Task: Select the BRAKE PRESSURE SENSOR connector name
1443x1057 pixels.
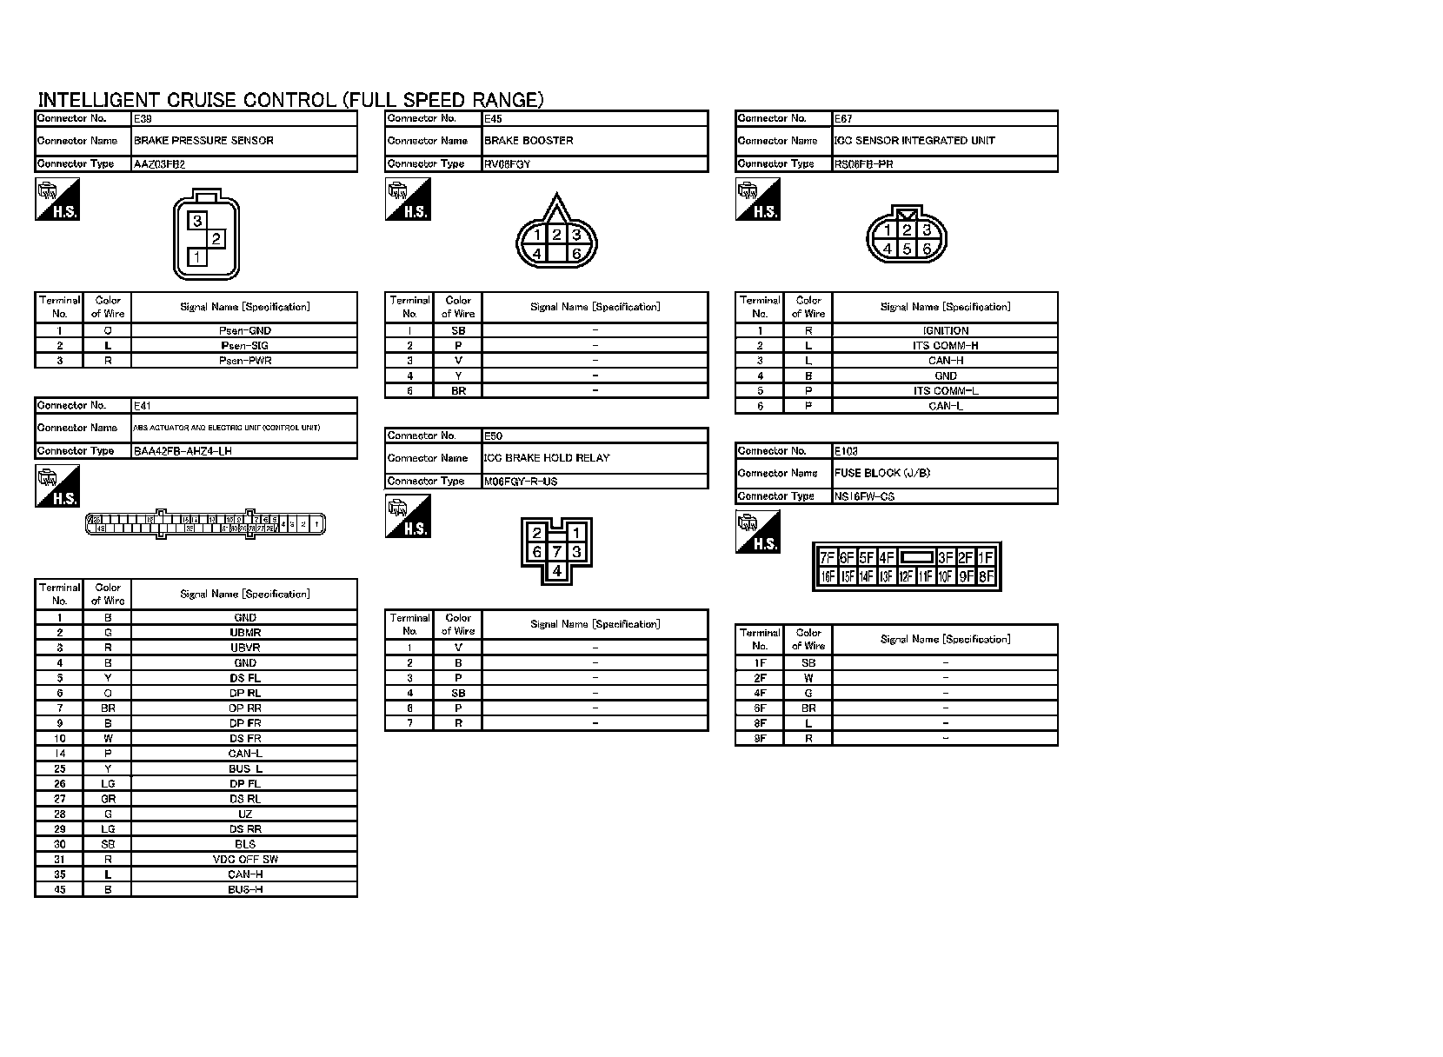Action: tap(203, 141)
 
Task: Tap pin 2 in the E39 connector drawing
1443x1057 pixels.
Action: tap(216, 238)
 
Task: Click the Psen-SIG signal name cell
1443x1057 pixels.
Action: tap(245, 346)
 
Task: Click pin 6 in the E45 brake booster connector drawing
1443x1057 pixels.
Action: tap(576, 254)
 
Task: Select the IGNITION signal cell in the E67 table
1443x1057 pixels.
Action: tap(945, 331)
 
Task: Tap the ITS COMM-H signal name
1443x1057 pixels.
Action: tap(945, 346)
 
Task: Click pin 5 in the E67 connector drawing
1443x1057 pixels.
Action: tap(907, 249)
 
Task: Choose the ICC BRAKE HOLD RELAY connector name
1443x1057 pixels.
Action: tap(547, 458)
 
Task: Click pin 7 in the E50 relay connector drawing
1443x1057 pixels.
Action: tap(556, 552)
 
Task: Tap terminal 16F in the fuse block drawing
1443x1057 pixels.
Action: tap(827, 576)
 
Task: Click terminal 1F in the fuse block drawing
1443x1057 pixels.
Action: tap(986, 558)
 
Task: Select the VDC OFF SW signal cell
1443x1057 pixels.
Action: tap(245, 860)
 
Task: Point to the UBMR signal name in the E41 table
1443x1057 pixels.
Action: tap(245, 633)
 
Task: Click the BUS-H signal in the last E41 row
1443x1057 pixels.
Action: tap(245, 890)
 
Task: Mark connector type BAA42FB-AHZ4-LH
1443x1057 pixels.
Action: tap(183, 451)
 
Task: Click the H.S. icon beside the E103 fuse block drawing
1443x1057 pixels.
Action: tap(757, 532)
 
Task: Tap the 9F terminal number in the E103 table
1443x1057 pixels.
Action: tap(760, 739)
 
